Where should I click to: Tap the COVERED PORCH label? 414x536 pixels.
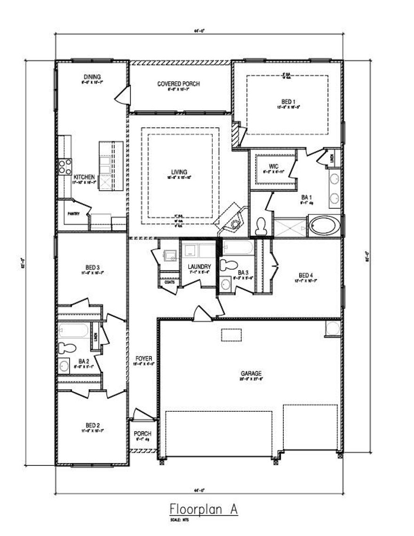pyautogui.click(x=178, y=84)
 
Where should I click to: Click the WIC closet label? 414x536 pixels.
pyautogui.click(x=274, y=166)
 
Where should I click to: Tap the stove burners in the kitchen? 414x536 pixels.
pyautogui.click(x=65, y=167)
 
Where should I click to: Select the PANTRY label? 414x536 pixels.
pyautogui.click(x=73, y=213)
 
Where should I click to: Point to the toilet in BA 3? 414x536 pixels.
pyautogui.click(x=229, y=265)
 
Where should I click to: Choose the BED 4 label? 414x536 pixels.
pyautogui.click(x=305, y=275)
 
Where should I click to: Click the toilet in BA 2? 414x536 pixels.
pyautogui.click(x=67, y=348)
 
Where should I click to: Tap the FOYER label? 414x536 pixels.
pyautogui.click(x=141, y=358)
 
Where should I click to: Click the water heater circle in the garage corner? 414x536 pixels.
pyautogui.click(x=333, y=328)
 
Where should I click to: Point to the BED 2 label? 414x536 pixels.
pyautogui.click(x=92, y=424)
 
